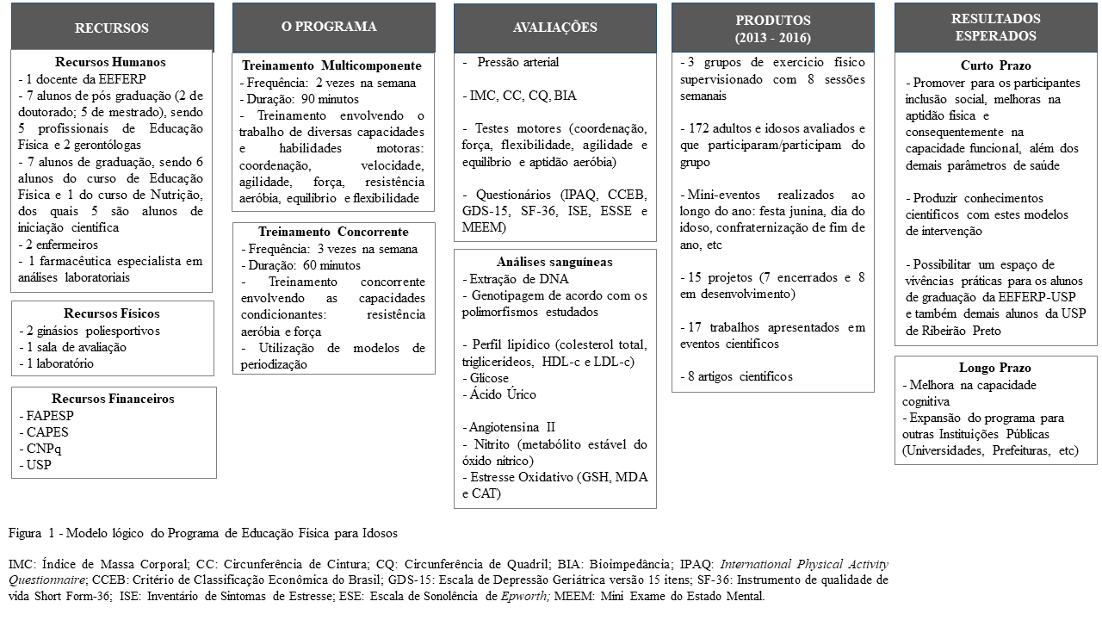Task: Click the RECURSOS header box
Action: point(112,28)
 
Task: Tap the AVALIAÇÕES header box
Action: point(554,28)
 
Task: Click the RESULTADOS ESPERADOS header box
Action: point(995,28)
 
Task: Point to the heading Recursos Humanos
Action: point(110,62)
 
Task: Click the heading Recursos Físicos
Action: point(112,313)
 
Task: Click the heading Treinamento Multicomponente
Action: point(331,66)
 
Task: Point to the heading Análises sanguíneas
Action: point(555,262)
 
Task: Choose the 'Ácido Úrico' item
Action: point(502,394)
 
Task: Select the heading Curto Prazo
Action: point(995,66)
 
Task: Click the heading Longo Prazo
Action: point(995,368)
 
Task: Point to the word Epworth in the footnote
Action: point(525,596)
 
